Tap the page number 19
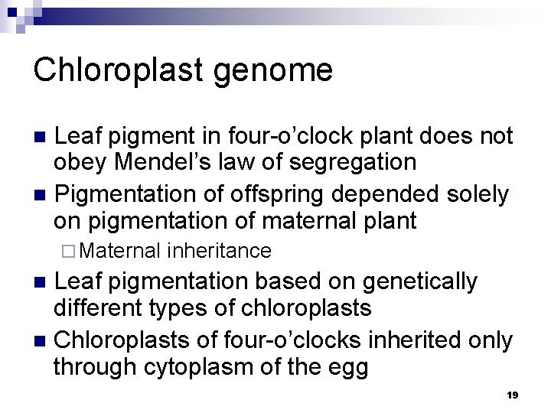pyautogui.click(x=513, y=395)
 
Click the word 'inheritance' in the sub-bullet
pyautogui.click(x=218, y=250)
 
